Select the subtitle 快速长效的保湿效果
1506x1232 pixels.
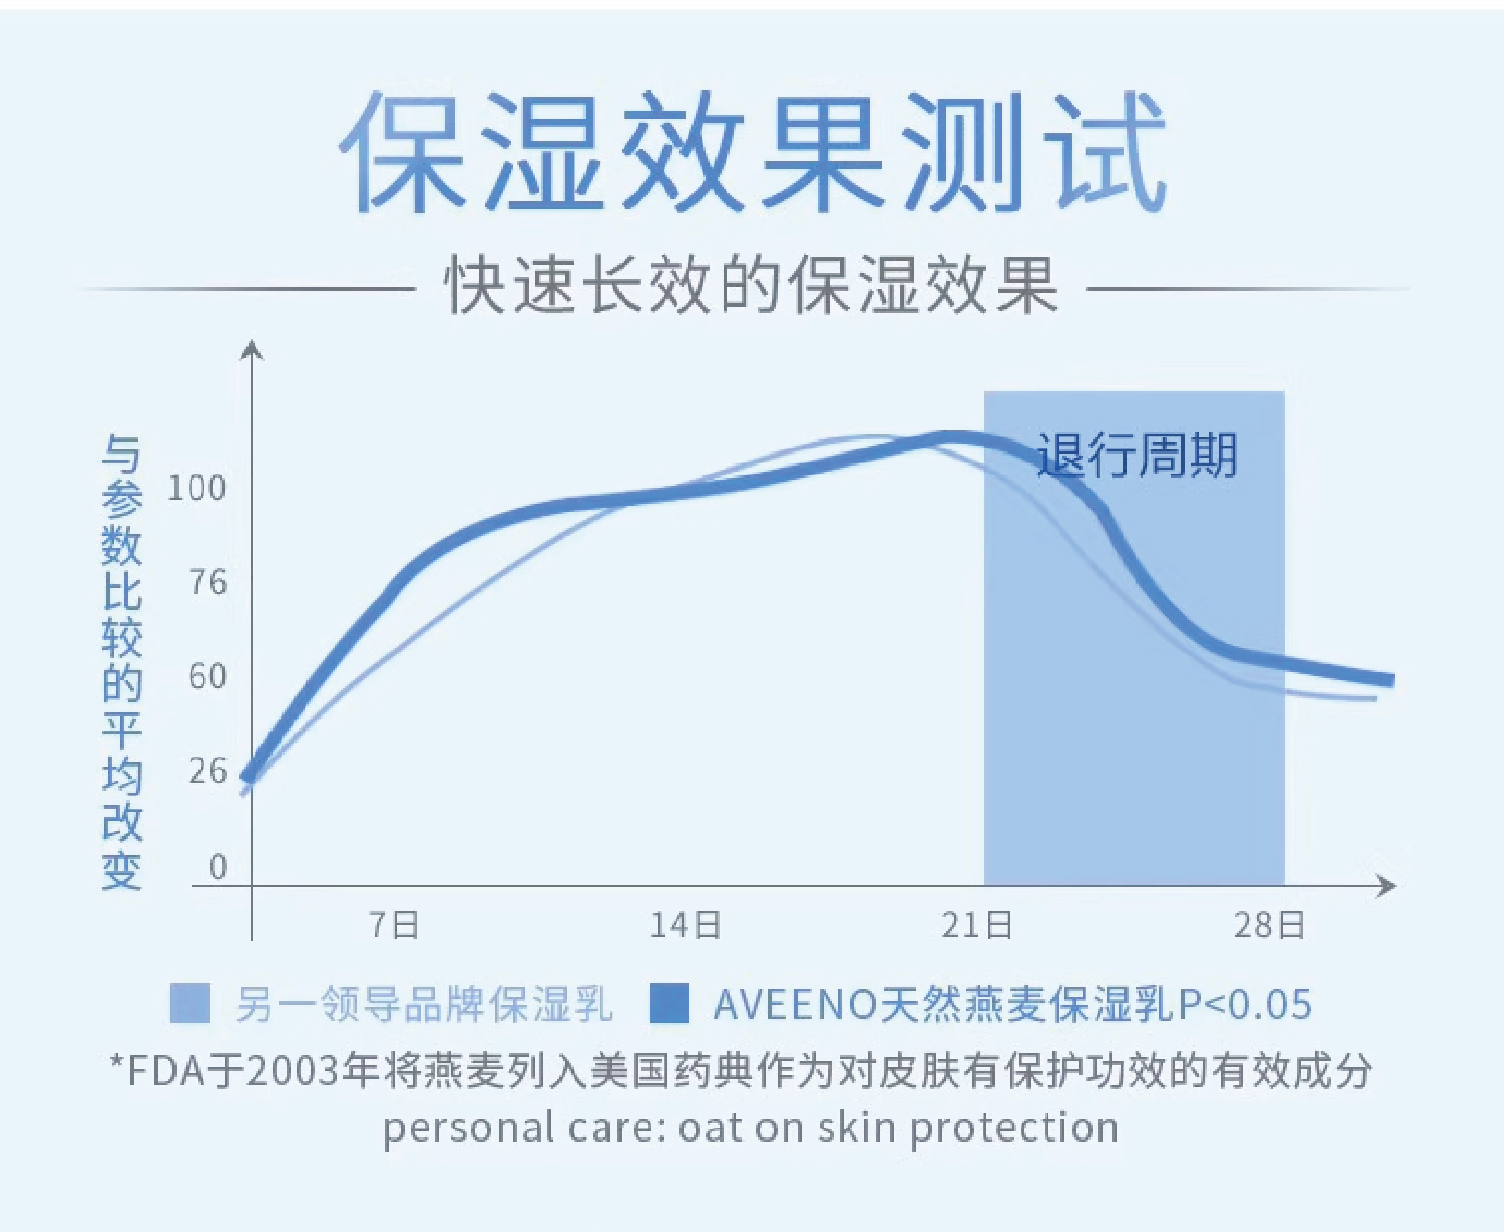coord(752,287)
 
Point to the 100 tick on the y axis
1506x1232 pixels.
coord(196,488)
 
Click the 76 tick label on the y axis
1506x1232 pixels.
coord(207,583)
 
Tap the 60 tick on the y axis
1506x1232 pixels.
coord(207,677)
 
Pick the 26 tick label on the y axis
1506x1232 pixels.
coord(207,771)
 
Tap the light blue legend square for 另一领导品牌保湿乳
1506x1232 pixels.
coord(190,1003)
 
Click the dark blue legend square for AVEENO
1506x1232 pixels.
coord(669,1003)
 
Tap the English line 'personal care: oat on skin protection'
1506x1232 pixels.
coord(751,1127)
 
